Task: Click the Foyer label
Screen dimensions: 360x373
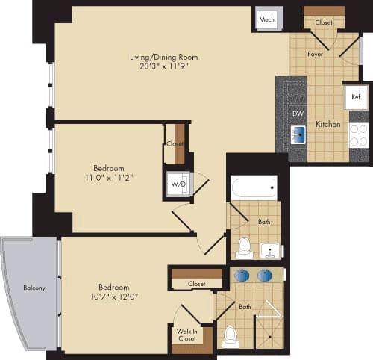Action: tap(316, 54)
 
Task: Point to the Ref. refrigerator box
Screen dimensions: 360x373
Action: tap(356, 97)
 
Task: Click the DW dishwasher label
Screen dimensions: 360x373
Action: tap(298, 114)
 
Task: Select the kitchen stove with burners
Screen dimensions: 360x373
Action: tap(358, 134)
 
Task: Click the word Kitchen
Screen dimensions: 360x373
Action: tap(328, 124)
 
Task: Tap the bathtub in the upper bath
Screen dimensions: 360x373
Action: tap(254, 186)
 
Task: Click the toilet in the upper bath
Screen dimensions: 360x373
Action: tap(243, 246)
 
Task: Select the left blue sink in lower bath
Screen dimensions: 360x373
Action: tap(242, 275)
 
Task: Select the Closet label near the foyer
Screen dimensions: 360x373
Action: tap(324, 22)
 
